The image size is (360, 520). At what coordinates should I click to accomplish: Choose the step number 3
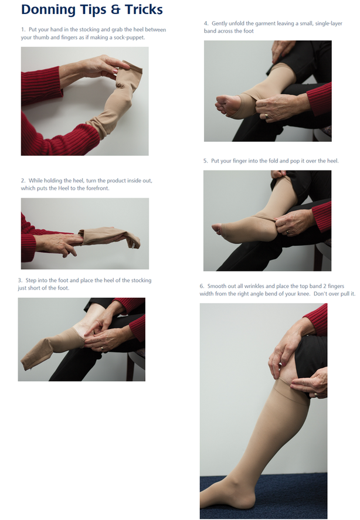[x=21, y=280]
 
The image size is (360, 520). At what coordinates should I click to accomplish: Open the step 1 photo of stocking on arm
[x=84, y=101]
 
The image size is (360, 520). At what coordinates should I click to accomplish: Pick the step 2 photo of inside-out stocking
[x=84, y=233]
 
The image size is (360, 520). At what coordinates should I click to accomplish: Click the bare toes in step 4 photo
[x=222, y=106]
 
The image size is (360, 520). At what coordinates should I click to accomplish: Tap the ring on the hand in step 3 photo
[x=101, y=348]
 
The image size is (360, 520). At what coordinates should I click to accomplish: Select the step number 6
[x=202, y=286]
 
